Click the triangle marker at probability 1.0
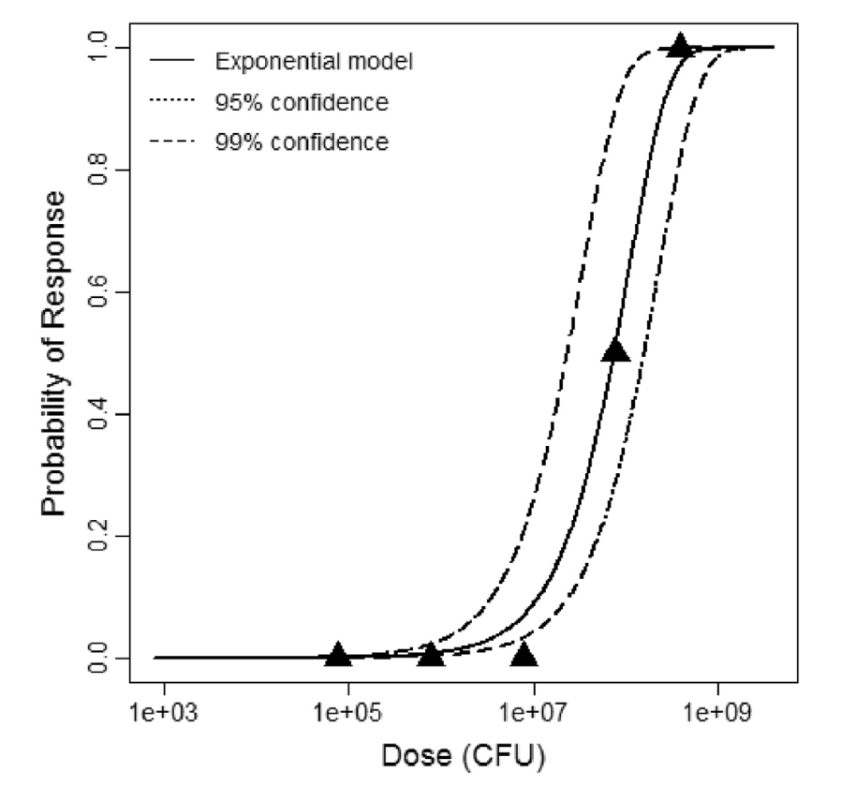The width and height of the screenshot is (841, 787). [680, 45]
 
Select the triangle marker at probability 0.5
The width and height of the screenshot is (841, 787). [614, 349]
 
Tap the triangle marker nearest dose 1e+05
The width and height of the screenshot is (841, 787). [338, 655]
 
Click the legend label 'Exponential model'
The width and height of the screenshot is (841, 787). [314, 63]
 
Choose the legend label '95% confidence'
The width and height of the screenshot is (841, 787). [301, 101]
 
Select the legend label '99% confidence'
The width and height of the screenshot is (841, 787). [301, 141]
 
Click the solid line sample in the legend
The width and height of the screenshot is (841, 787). [171, 63]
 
